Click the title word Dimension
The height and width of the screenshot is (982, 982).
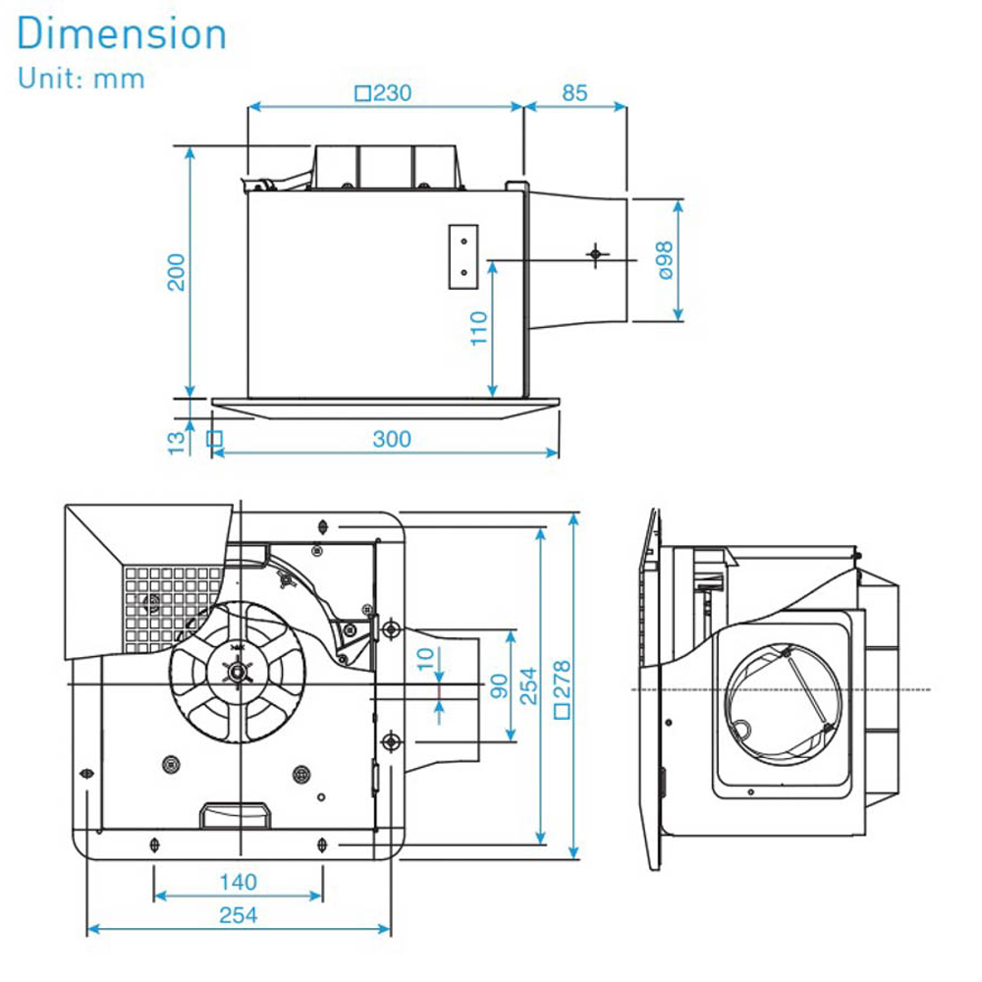[122, 35]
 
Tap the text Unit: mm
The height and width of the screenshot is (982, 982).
[81, 79]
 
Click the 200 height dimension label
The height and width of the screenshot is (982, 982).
[176, 272]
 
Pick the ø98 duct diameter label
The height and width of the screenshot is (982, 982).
[665, 261]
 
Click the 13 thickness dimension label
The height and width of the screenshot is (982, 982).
[176, 441]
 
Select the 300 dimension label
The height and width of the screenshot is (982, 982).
[392, 439]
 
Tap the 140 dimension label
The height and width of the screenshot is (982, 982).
[238, 881]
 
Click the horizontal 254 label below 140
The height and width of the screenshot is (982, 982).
[238, 915]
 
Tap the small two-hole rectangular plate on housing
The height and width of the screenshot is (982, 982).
[463, 258]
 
